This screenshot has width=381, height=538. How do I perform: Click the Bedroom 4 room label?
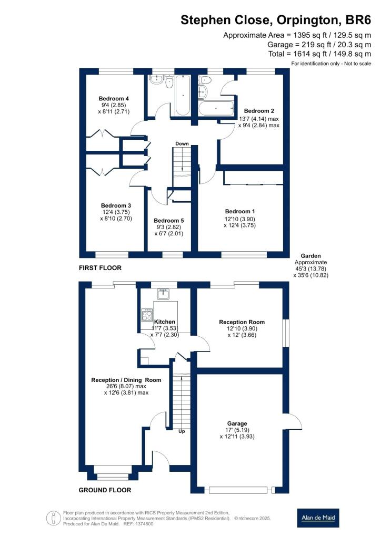coord(114,98)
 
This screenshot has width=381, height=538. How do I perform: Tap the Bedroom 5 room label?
coord(169,221)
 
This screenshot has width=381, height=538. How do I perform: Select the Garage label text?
coord(237,423)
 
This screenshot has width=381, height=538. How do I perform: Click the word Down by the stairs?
coord(182,143)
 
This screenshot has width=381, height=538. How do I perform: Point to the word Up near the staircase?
coord(182,431)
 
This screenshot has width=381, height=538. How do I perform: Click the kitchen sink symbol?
coord(163,294)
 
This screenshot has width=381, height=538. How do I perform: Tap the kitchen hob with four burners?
coord(147,315)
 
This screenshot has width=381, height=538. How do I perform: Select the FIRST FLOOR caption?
coord(101,267)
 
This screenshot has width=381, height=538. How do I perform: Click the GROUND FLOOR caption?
coord(105,490)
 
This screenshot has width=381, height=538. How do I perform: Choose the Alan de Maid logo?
coord(318,518)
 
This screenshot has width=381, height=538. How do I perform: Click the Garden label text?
coord(311,256)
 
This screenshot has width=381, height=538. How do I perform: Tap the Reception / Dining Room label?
coord(126,380)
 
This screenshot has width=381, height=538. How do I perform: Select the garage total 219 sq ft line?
coord(319,45)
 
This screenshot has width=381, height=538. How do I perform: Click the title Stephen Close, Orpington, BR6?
coord(276,20)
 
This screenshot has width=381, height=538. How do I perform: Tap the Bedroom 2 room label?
coord(259,111)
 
